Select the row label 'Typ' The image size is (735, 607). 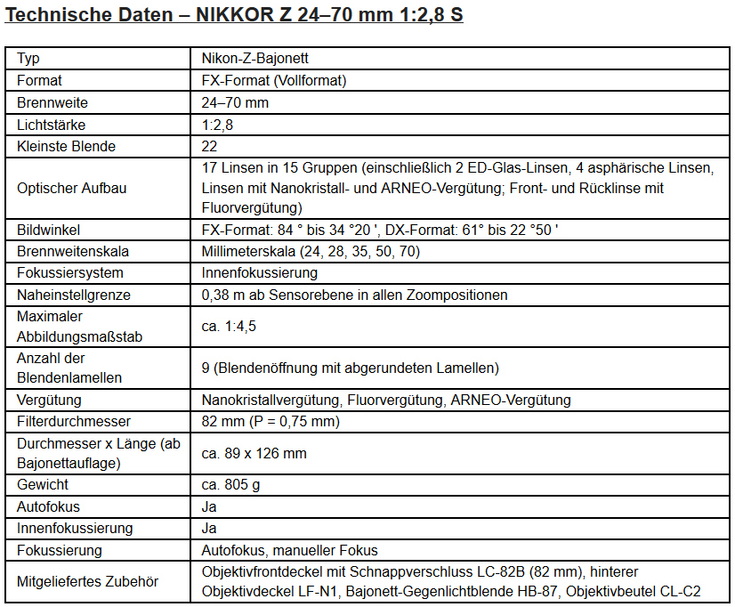(x=28, y=59)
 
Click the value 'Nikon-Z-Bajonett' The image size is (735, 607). (x=255, y=59)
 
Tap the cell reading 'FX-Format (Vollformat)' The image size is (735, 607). (x=273, y=80)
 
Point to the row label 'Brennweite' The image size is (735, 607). (x=52, y=102)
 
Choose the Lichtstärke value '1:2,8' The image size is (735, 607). (x=218, y=125)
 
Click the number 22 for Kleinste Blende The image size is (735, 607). (x=209, y=146)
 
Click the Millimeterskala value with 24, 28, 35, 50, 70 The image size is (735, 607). (x=310, y=251)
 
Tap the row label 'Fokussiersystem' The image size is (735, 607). (x=70, y=272)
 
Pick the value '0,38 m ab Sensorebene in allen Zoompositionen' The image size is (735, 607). (x=354, y=295)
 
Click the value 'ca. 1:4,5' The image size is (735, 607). (x=229, y=326)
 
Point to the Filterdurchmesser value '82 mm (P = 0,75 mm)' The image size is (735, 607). (x=271, y=421)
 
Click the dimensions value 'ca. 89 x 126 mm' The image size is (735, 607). (x=254, y=453)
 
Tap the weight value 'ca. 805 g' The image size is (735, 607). (x=231, y=485)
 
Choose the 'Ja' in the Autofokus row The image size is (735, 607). (x=209, y=506)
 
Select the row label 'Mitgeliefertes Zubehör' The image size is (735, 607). (x=87, y=581)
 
